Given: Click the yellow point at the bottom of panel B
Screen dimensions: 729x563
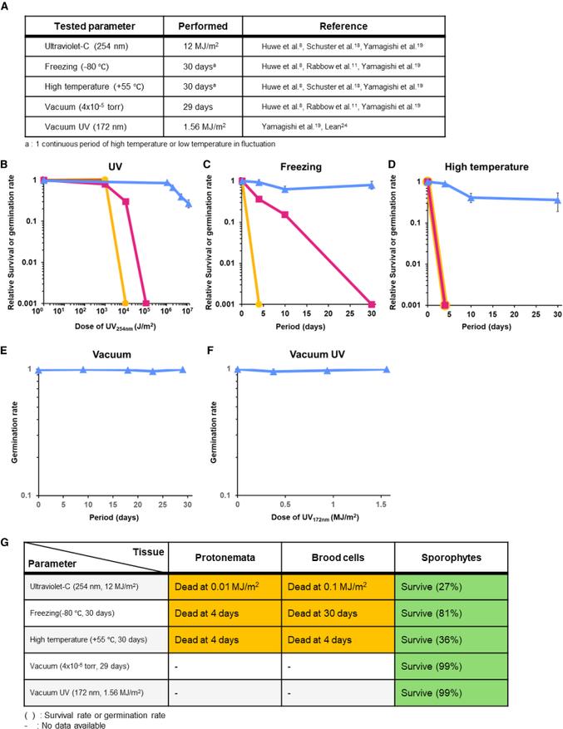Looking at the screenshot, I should pyautogui.click(x=125, y=304).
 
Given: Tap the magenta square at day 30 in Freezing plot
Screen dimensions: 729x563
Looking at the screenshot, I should pyautogui.click(x=372, y=304).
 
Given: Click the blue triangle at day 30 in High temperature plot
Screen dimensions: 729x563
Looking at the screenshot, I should pyautogui.click(x=557, y=200).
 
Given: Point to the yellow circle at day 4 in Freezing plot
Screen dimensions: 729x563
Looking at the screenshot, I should pyautogui.click(x=259, y=304).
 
